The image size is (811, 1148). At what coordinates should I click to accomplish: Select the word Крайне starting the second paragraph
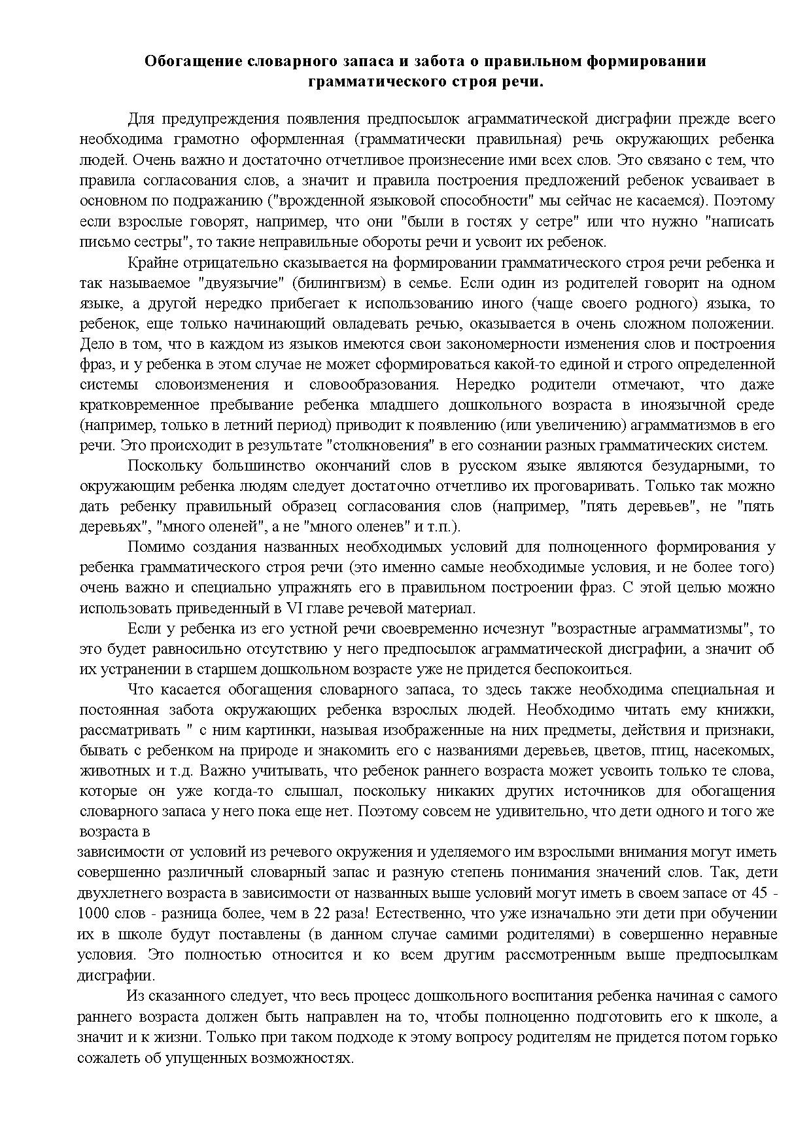click(151, 263)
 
